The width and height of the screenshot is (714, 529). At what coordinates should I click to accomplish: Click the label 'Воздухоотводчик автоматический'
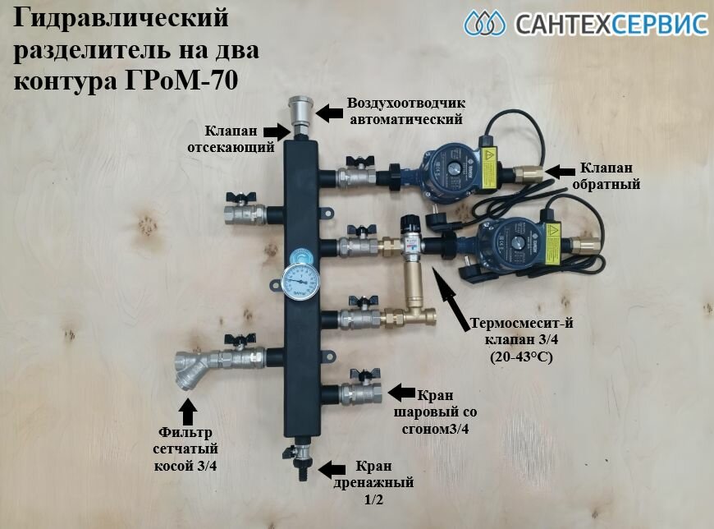pyautogui.click(x=405, y=112)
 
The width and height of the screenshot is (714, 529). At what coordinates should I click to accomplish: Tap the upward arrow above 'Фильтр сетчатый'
pyautogui.click(x=188, y=409)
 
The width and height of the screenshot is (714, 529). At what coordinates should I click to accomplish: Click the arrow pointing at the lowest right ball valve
pyautogui.click(x=400, y=391)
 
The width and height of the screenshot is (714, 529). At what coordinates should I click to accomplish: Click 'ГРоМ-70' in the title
pyautogui.click(x=190, y=83)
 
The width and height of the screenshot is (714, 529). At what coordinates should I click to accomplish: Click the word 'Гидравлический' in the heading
pyautogui.click(x=121, y=18)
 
